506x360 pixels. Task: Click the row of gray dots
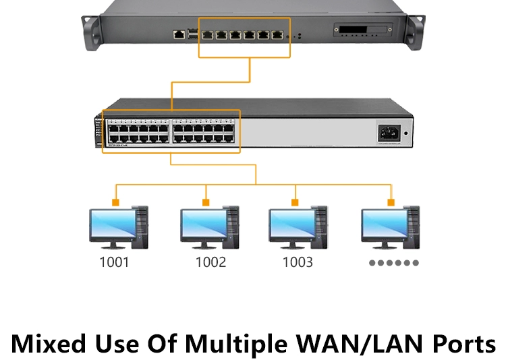(394, 263)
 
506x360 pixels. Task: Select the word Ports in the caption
(463, 344)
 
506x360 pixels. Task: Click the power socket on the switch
(389, 132)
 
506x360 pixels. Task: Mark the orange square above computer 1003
(294, 202)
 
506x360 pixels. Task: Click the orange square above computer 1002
(206, 202)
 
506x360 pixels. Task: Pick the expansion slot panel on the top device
(360, 32)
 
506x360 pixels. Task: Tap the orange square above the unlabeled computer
(390, 202)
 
